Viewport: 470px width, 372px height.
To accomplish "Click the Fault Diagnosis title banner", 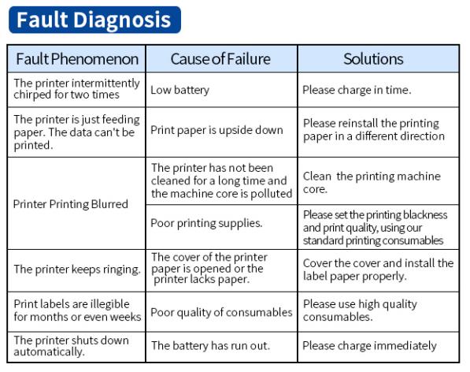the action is click(x=94, y=20).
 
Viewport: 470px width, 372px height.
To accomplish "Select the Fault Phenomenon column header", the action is click(x=76, y=59).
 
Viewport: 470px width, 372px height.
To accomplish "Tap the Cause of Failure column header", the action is click(x=221, y=59).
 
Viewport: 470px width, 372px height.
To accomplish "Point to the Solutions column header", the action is click(x=378, y=59).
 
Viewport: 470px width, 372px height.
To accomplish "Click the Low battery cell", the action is click(x=221, y=90).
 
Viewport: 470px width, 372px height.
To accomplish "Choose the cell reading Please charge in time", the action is click(x=378, y=90).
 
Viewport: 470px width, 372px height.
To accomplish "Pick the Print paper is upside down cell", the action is click(x=221, y=132).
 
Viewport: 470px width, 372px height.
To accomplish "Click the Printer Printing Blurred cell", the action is click(x=76, y=203).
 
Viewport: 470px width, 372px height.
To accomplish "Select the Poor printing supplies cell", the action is click(x=221, y=227).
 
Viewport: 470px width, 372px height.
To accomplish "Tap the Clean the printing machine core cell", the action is click(x=378, y=181).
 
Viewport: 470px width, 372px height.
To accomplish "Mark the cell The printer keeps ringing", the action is click(x=76, y=270).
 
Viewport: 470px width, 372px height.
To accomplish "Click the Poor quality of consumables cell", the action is click(x=221, y=311).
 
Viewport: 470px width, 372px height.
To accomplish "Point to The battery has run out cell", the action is click(x=221, y=347).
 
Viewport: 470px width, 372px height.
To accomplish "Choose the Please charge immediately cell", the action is click(x=378, y=347).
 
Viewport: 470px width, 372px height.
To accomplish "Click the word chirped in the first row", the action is click(x=32, y=95).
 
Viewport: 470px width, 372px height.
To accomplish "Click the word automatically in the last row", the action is click(x=48, y=352).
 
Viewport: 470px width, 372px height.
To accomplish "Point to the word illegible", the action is click(x=109, y=304).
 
